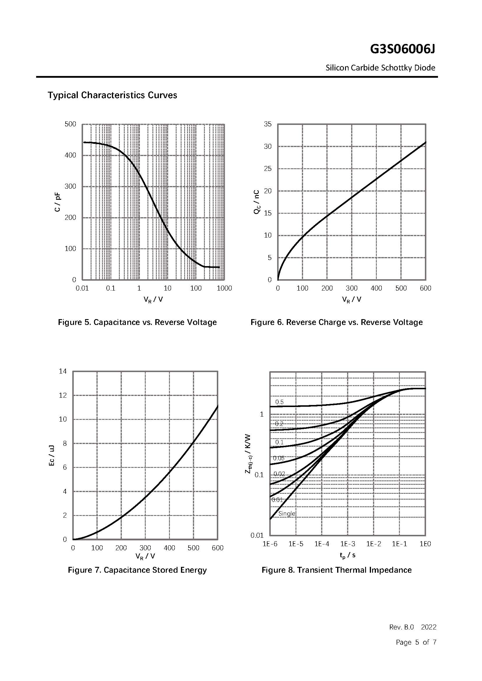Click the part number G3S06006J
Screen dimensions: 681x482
click(x=402, y=49)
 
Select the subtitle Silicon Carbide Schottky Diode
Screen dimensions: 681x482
click(x=380, y=68)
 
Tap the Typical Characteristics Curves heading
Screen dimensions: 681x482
click(x=112, y=95)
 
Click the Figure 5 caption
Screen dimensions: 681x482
click(x=137, y=322)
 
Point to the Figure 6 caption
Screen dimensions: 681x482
click(x=337, y=322)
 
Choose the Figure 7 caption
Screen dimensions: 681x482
click(x=137, y=570)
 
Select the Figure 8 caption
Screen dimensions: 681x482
click(x=337, y=570)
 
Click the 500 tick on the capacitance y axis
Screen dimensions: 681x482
click(x=70, y=124)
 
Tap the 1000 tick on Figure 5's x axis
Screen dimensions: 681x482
click(x=224, y=288)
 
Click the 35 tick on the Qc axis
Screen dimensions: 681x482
click(x=268, y=124)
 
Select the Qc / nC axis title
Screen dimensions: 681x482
click(x=256, y=202)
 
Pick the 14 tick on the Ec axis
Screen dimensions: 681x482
click(x=63, y=371)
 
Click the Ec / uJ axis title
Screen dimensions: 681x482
click(x=52, y=455)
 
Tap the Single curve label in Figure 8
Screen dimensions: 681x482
click(x=287, y=514)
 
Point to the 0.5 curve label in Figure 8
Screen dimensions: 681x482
click(x=279, y=402)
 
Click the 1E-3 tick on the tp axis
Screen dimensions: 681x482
click(x=348, y=544)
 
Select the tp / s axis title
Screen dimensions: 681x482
click(x=348, y=555)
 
